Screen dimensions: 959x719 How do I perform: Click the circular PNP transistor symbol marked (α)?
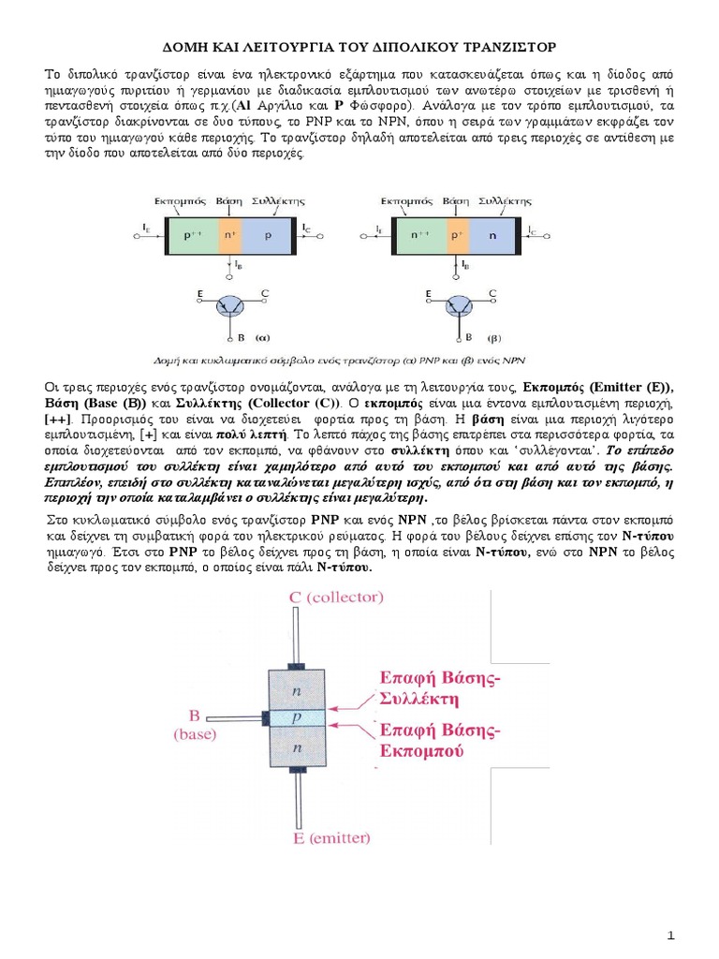(228, 306)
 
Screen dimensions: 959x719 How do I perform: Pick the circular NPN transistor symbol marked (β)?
(459, 306)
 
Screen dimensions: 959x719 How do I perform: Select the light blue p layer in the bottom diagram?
(296, 717)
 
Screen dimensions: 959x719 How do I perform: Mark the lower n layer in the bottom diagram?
(296, 748)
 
